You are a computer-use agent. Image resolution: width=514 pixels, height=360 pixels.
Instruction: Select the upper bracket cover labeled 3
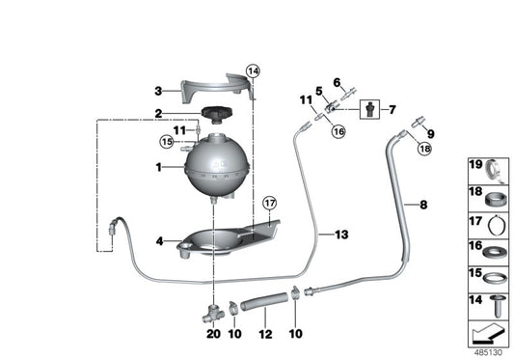click(217, 90)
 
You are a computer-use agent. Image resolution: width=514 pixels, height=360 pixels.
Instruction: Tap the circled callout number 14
click(253, 71)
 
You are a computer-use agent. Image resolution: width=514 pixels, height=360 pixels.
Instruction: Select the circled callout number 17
click(269, 203)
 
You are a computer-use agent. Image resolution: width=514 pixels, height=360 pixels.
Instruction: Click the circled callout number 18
click(425, 151)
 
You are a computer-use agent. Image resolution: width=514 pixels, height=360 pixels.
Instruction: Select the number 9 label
click(429, 134)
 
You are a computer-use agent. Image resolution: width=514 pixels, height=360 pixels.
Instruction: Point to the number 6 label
click(338, 82)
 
